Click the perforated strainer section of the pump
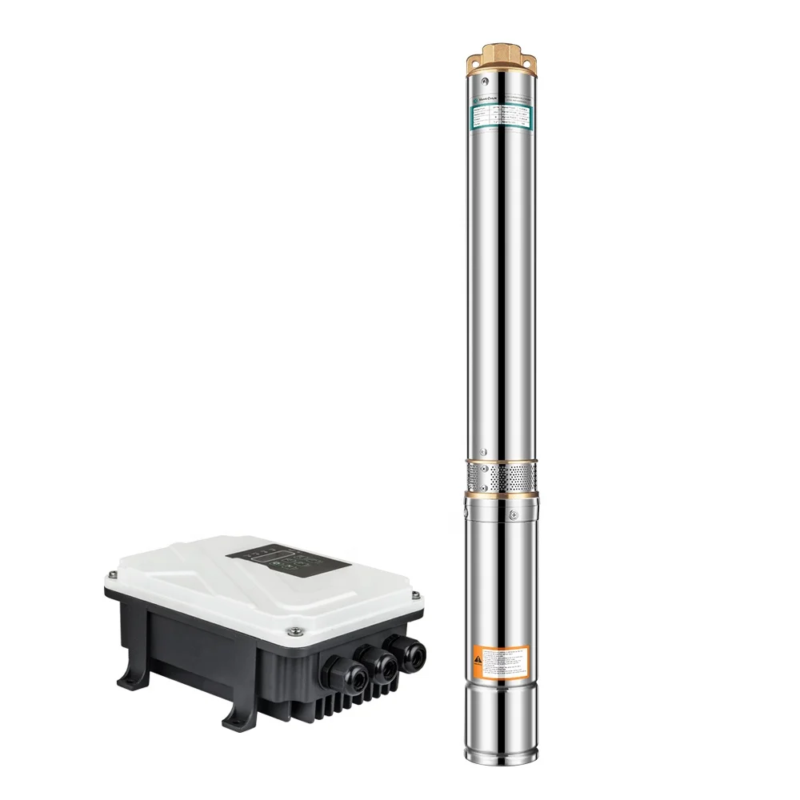click(500, 478)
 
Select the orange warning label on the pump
click(500, 660)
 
